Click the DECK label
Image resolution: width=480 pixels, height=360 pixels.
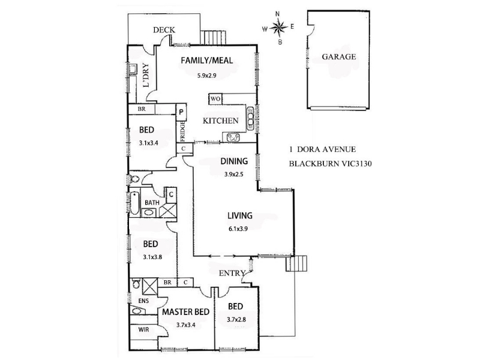pos(164,29)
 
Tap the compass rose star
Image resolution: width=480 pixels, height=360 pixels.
pos(278,28)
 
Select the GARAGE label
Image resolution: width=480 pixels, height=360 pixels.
pos(339,56)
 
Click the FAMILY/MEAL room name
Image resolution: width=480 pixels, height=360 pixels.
pos(207,61)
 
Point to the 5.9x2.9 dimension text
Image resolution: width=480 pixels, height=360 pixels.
pos(207,76)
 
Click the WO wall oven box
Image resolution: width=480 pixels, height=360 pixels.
pos(215,99)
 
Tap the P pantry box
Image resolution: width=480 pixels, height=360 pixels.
pos(181,112)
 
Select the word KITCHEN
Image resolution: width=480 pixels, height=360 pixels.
pos(220,121)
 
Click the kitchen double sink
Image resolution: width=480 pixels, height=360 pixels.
pos(233,137)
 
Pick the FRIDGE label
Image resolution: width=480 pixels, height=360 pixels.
pos(182,131)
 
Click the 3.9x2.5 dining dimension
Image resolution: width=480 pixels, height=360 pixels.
pos(234,175)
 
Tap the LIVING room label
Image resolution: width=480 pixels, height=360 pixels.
pos(240,215)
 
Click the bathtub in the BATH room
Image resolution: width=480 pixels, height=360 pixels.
pos(134,203)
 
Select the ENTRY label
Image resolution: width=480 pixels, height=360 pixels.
pos(232,273)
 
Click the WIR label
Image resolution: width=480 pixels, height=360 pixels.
pos(143,329)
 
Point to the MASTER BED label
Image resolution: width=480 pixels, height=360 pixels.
pos(186,312)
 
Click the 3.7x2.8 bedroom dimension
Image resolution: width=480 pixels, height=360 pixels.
pos(236,320)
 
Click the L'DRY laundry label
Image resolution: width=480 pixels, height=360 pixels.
pos(146,75)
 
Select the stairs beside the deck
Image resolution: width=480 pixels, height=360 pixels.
pos(213,37)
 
